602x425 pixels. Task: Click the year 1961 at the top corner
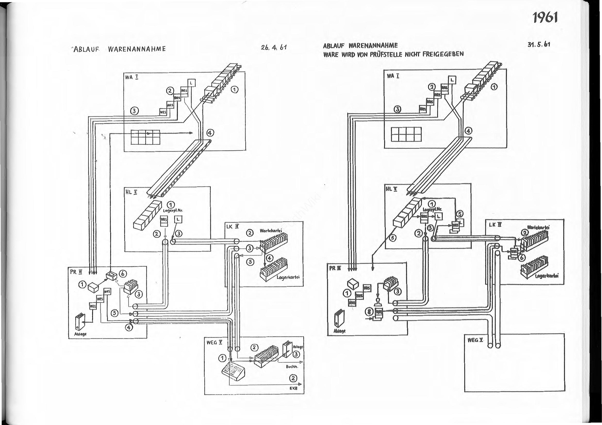544,18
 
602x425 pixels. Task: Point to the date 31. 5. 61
539,44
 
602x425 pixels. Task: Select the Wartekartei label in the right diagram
538,228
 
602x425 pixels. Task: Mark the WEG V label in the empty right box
476,340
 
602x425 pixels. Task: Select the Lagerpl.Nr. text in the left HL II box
173,211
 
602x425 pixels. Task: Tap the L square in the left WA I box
191,83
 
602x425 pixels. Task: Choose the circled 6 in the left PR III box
123,273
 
